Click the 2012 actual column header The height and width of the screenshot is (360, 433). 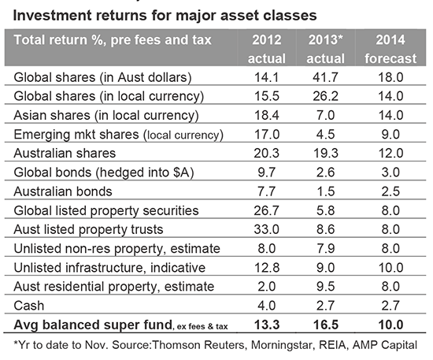pos(266,49)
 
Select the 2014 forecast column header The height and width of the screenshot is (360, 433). pos(390,49)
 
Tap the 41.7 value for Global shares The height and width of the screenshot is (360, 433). pos(326,77)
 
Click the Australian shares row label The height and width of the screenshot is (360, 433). pos(65,153)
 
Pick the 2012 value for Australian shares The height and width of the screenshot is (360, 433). pos(266,153)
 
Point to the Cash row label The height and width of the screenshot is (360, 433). pos(28,306)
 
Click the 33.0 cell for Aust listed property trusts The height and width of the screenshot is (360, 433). pos(266,229)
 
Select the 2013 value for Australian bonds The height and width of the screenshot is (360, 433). pos(326,191)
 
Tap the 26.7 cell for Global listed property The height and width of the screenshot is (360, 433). pos(266,210)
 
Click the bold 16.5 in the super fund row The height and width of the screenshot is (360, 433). pos(326,325)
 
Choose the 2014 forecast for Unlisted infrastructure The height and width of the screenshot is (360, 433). pos(390,268)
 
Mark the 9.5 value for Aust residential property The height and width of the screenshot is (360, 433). pos(326,287)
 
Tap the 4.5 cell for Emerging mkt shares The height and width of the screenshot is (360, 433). pos(326,134)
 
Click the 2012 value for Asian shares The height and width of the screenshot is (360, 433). pos(266,115)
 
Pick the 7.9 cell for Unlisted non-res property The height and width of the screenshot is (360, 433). pos(326,249)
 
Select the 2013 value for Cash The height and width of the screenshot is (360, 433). pos(326,306)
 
